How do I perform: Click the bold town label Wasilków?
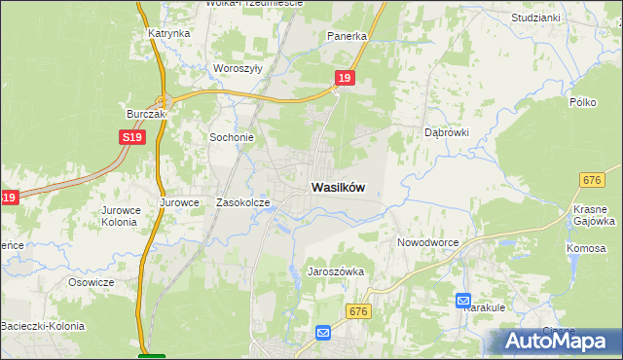[339, 188]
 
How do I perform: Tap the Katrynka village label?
[168, 33]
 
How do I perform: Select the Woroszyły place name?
[238, 69]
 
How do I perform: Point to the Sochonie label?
[232, 137]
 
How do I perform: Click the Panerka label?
[347, 36]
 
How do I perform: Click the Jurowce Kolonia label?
[121, 215]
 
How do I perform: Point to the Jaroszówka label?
[336, 271]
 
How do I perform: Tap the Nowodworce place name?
[427, 241]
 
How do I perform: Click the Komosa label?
[585, 248]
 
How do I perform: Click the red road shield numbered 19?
[344, 77]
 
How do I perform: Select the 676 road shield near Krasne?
[591, 179]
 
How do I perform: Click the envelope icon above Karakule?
[462, 302]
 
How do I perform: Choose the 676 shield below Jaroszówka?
[359, 310]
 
